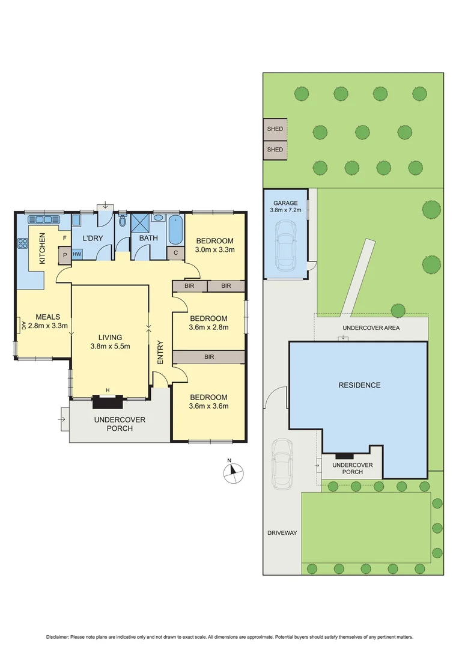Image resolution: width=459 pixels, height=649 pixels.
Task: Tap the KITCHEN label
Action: (x=42, y=248)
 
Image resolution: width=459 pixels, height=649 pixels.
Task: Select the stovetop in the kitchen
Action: (x=23, y=243)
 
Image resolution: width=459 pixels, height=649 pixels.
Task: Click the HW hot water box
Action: (x=77, y=254)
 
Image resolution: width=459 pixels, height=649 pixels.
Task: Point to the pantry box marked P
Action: (x=64, y=254)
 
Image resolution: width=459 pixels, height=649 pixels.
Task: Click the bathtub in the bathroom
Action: (x=176, y=229)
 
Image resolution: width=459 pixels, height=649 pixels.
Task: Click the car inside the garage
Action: (x=285, y=246)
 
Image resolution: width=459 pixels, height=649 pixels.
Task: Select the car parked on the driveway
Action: (x=282, y=463)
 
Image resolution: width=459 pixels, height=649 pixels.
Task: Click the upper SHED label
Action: (x=275, y=129)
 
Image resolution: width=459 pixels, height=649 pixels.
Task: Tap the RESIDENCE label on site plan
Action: (x=359, y=385)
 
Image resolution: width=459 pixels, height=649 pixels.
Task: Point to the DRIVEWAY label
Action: (x=282, y=532)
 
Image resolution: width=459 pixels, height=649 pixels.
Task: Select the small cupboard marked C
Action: (x=175, y=253)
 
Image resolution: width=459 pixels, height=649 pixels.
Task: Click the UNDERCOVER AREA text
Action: (x=371, y=328)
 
